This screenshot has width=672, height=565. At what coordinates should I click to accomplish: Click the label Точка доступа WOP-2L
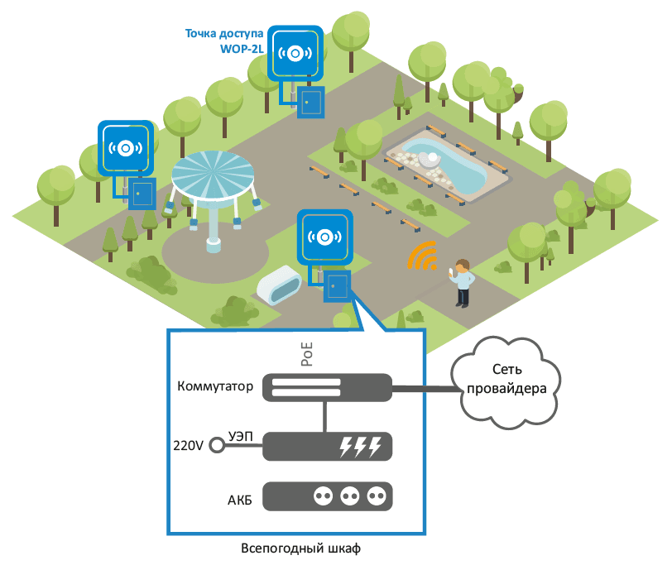click(x=224, y=41)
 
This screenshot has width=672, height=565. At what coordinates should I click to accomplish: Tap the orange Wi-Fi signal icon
click(x=423, y=256)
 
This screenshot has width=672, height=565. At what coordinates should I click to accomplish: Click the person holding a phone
click(x=462, y=283)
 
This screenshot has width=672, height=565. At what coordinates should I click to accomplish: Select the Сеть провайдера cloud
click(x=506, y=382)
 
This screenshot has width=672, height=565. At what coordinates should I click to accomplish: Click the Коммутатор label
click(x=215, y=386)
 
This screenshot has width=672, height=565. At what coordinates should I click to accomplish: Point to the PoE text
click(x=307, y=354)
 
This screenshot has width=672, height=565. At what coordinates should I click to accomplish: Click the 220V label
click(x=188, y=446)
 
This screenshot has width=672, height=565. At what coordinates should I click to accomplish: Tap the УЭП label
click(x=241, y=436)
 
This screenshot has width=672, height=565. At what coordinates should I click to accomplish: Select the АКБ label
click(x=239, y=500)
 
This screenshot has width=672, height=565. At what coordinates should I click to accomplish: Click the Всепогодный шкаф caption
click(x=301, y=548)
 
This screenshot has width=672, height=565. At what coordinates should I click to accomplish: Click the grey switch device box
click(x=327, y=388)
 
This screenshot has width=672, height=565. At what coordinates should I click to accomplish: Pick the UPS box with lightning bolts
click(x=327, y=447)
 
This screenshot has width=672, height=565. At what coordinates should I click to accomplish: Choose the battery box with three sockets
click(x=327, y=496)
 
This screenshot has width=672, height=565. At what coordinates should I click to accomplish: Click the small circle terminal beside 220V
click(x=217, y=446)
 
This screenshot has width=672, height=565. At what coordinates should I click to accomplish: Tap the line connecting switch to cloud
click(x=426, y=389)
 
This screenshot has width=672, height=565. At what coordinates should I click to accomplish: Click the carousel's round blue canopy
click(x=213, y=174)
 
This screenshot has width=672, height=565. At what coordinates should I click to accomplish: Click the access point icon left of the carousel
click(x=126, y=148)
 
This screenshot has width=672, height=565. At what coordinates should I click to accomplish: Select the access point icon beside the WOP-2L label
click(x=295, y=53)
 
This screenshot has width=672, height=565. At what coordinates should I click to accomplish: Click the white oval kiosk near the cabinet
click(x=279, y=285)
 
